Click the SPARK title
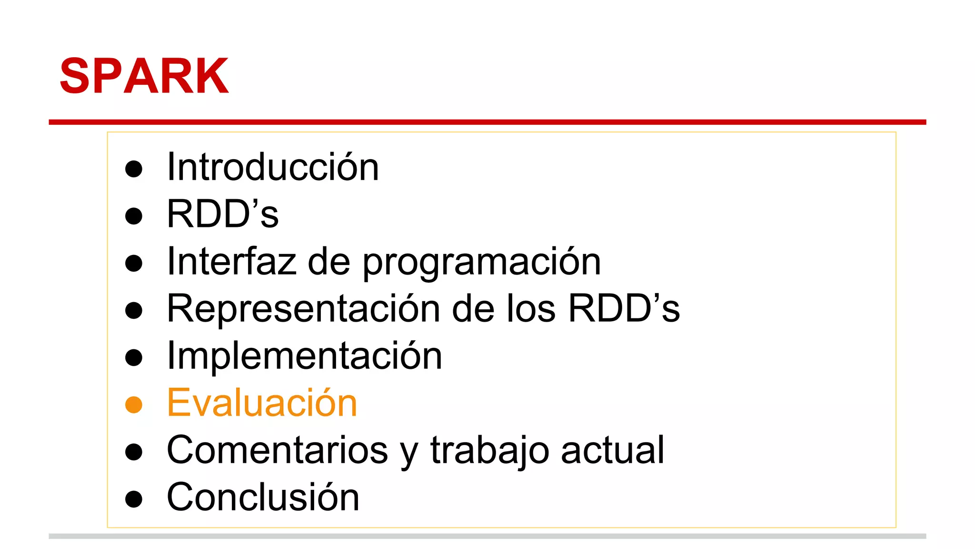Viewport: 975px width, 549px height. click(x=144, y=76)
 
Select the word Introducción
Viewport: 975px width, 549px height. click(x=273, y=167)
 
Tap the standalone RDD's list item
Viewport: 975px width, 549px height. click(x=222, y=214)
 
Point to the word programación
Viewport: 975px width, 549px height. click(x=482, y=263)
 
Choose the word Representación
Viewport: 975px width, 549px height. click(x=303, y=309)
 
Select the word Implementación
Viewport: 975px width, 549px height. click(x=304, y=356)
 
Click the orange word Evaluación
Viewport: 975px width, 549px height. click(x=262, y=403)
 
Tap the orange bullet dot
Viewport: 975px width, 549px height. click(x=134, y=405)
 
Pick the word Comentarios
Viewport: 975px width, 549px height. click(x=277, y=450)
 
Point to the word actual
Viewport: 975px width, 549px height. click(x=612, y=450)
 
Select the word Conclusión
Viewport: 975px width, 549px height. click(x=263, y=498)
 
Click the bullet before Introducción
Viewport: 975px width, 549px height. click(x=134, y=169)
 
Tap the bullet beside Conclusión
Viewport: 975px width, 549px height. click(x=134, y=499)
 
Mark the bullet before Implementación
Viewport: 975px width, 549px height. click(x=134, y=357)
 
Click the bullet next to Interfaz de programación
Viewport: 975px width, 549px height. click(x=134, y=263)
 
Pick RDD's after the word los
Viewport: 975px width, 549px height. click(x=624, y=309)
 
